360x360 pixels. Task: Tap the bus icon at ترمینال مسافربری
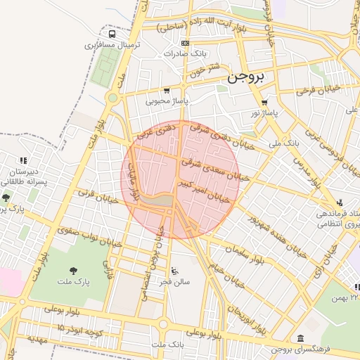[x=112, y=34]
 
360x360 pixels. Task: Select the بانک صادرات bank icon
[x=185, y=44]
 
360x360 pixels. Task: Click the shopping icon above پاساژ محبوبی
[x=167, y=91]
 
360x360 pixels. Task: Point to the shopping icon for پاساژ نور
[x=264, y=103]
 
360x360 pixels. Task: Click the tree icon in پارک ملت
[x=74, y=270]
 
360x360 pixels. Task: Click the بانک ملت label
[x=167, y=345]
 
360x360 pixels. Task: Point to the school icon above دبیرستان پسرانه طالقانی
[x=23, y=160]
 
